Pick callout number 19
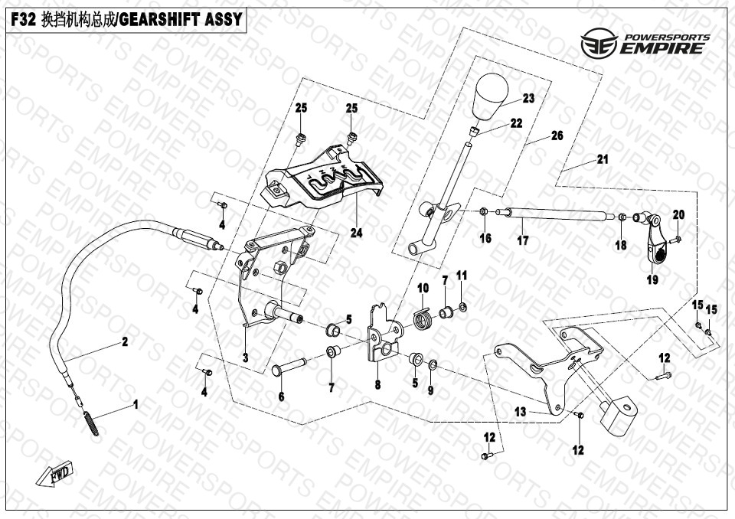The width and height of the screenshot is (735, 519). [652, 280]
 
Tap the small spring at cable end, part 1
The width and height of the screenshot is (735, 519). [90, 423]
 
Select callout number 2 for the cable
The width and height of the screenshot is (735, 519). [125, 341]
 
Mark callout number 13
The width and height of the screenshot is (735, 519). [520, 412]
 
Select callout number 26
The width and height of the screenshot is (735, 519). [557, 136]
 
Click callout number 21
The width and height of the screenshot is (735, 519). [603, 160]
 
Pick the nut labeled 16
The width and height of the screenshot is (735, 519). [484, 212]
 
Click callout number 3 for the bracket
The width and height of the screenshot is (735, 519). [245, 357]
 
